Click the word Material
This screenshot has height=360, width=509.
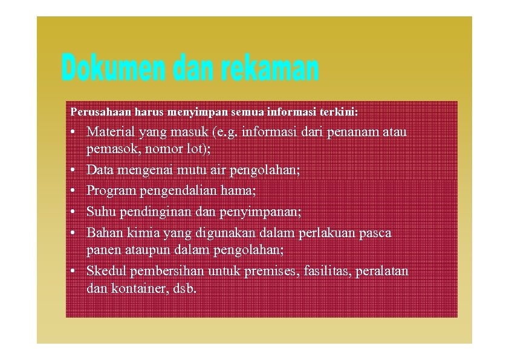click(111, 132)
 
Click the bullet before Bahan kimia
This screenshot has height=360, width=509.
click(73, 233)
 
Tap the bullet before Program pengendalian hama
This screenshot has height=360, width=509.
click(73, 192)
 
